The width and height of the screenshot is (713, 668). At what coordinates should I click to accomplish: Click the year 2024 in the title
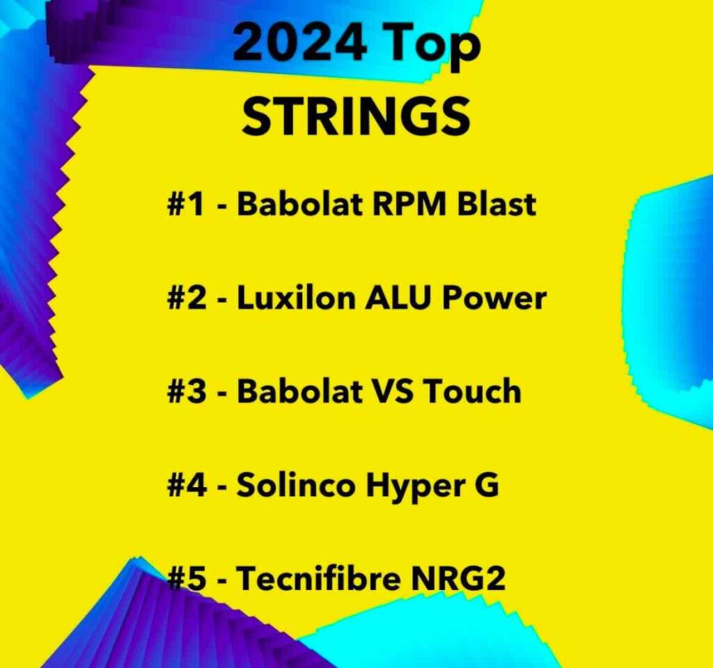299,42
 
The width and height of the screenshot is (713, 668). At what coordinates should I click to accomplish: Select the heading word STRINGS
356,116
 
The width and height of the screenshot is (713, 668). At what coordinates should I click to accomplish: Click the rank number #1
187,204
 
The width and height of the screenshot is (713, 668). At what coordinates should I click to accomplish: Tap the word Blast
496,204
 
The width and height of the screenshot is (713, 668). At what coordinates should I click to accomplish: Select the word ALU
397,298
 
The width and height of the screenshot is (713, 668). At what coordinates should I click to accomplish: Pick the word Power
494,298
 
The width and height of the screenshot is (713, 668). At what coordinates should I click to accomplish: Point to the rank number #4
187,485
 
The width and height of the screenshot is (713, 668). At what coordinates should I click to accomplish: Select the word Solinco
295,484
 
